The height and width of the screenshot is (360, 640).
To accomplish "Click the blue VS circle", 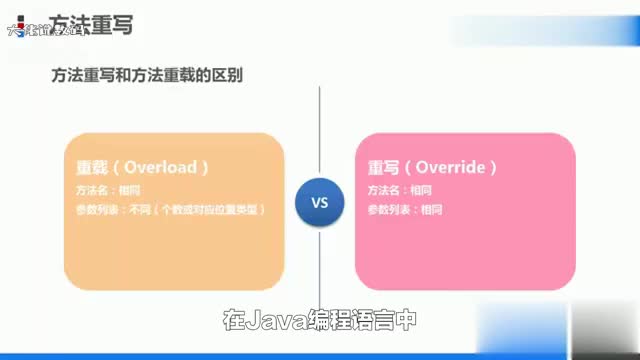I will pos(320,204).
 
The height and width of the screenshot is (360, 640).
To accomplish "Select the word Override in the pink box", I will pos(455,167).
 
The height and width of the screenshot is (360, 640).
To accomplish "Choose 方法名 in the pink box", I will pos(381,189).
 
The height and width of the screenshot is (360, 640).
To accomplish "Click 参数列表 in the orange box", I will pos(94,210).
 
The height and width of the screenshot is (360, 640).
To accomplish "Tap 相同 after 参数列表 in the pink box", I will pos(431,210).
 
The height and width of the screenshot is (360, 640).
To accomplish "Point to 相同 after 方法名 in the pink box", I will pos(411,189).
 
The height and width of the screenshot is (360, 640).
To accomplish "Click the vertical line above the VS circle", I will pos(320,130).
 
